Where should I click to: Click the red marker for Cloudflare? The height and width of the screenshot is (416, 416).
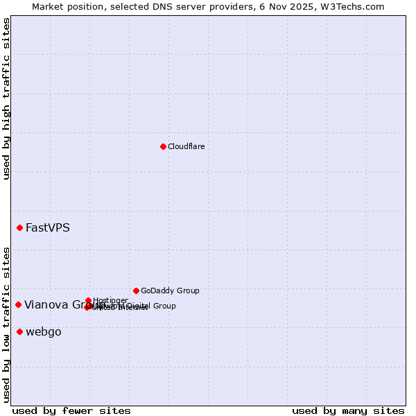(x=163, y=146)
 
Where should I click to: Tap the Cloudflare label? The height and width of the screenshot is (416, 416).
(x=186, y=147)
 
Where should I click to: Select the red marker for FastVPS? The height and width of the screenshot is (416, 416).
(x=19, y=228)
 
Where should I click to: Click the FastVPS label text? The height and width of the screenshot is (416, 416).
(x=48, y=228)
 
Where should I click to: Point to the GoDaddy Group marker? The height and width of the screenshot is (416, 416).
(x=136, y=291)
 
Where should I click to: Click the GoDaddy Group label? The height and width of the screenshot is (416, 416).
(x=170, y=291)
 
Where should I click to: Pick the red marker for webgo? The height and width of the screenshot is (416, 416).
(x=19, y=331)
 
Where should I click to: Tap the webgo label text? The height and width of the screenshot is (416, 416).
(x=44, y=332)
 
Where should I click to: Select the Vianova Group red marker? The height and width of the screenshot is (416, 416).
(x=18, y=304)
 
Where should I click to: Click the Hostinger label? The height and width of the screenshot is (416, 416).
(x=110, y=300)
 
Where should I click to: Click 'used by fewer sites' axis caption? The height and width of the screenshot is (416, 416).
(x=71, y=410)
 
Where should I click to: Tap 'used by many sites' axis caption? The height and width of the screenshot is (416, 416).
(x=348, y=410)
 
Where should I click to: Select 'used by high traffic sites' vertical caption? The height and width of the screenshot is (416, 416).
(x=7, y=98)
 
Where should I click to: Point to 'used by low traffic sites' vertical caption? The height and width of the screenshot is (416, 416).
(x=7, y=324)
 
